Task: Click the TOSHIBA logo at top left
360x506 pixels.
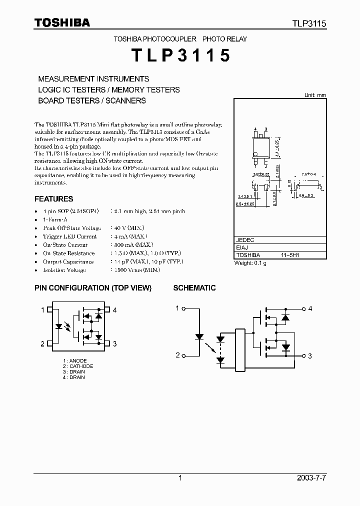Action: tap(62, 23)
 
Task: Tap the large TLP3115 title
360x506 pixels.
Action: tap(180, 55)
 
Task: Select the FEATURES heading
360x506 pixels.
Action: tap(53, 198)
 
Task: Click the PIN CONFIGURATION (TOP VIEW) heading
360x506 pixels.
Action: tap(92, 288)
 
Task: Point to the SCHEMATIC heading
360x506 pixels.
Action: tap(194, 288)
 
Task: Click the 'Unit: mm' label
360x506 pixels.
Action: tap(315, 95)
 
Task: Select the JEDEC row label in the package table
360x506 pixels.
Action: tap(244, 239)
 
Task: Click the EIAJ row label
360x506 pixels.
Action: tap(242, 247)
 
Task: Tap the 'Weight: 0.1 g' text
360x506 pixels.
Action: tap(250, 263)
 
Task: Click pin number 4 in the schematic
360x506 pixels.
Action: tap(310, 308)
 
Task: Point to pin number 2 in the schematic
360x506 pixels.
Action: tap(177, 355)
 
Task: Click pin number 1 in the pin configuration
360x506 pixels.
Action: tap(43, 310)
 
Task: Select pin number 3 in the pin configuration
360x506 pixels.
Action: tap(114, 343)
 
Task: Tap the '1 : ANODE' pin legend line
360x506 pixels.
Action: tap(75, 361)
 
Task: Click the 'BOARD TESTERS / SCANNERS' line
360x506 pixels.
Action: tap(92, 100)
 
